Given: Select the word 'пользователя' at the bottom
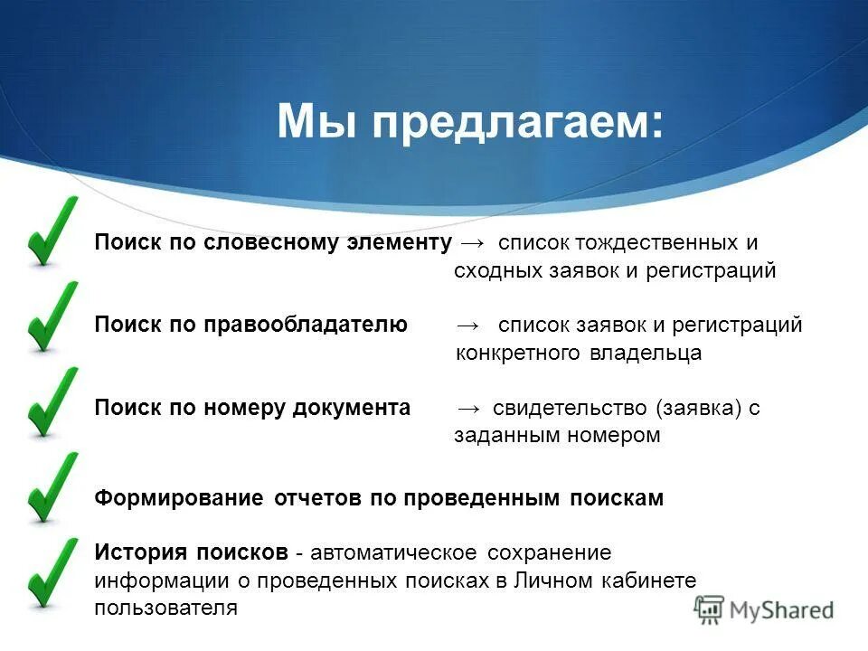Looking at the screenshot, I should pyautogui.click(x=165, y=608).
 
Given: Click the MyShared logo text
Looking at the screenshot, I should pyautogui.click(x=783, y=610).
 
